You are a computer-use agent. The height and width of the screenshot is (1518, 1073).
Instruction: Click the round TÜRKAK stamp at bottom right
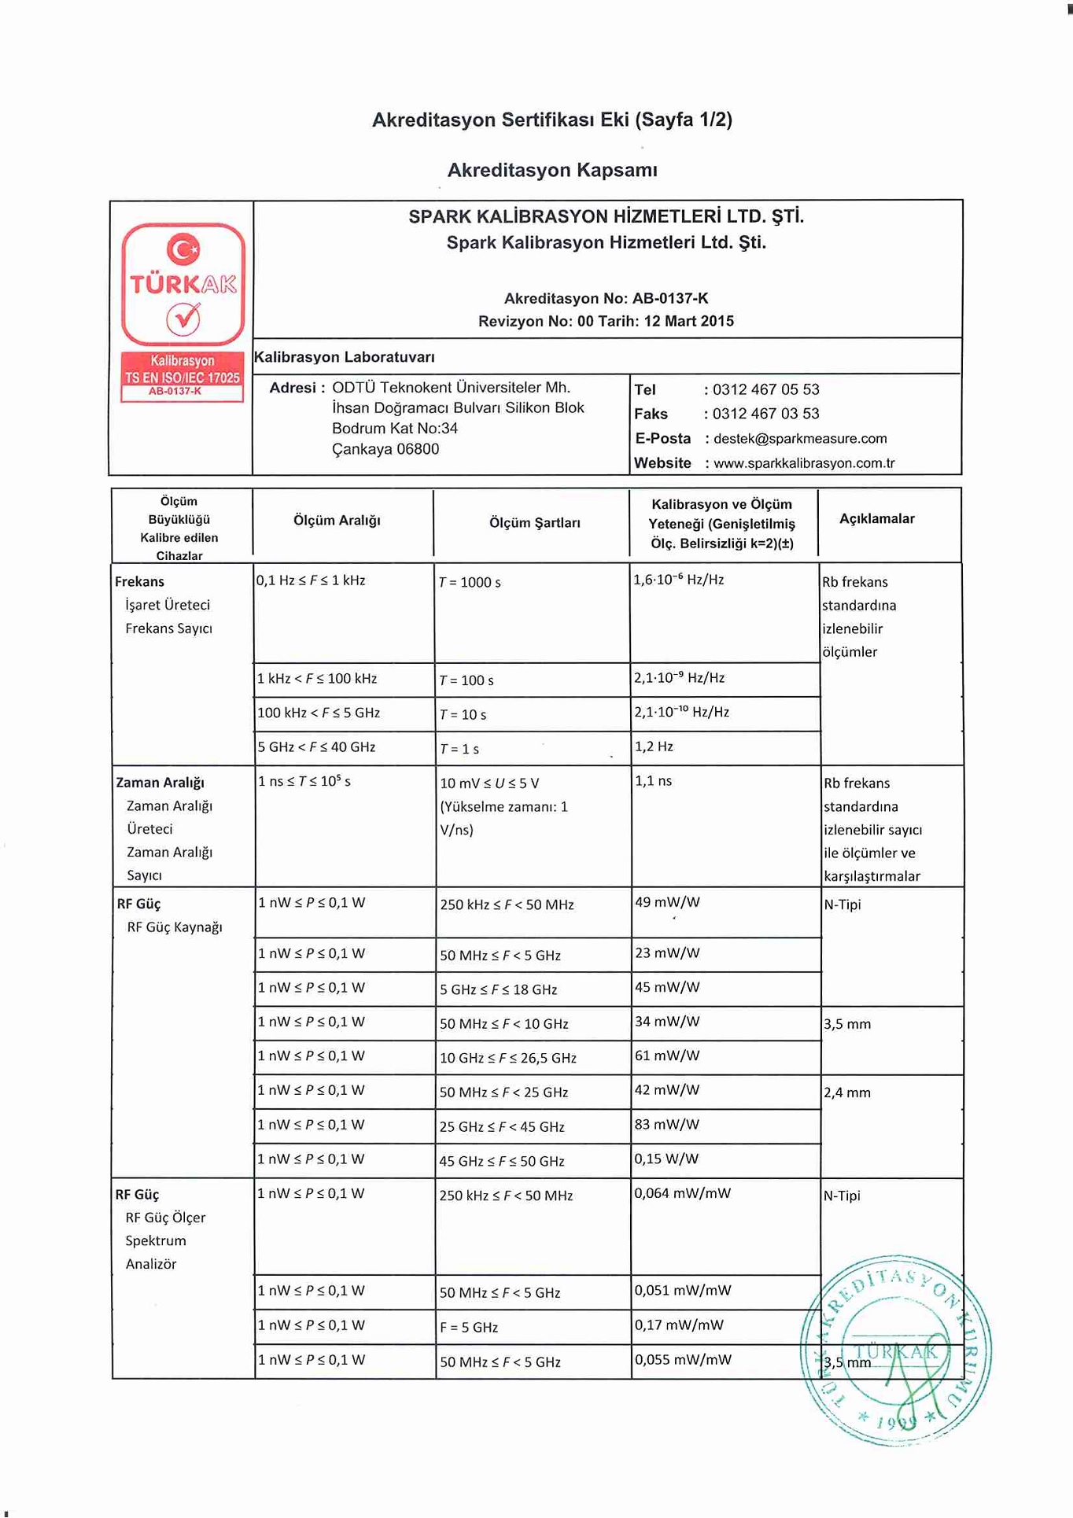895,1350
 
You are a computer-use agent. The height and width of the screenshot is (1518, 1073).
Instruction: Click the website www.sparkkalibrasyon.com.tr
803,463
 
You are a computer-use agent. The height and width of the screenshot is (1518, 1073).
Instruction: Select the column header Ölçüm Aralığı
337,521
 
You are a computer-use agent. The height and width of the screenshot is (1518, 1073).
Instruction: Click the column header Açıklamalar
876,519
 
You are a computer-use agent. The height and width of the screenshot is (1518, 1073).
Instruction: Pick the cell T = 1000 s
470,583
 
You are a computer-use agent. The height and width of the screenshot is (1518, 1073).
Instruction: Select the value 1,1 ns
653,781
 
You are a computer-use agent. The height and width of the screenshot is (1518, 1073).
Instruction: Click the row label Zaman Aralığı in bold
160,783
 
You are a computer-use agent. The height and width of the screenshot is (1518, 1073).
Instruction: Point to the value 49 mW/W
667,902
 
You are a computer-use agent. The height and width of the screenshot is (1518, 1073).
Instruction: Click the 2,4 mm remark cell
847,1092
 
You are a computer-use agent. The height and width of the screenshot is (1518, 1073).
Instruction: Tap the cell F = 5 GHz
469,1328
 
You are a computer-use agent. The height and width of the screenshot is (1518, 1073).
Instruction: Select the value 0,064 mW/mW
682,1194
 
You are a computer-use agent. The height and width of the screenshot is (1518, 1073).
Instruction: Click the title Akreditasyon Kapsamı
552,170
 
